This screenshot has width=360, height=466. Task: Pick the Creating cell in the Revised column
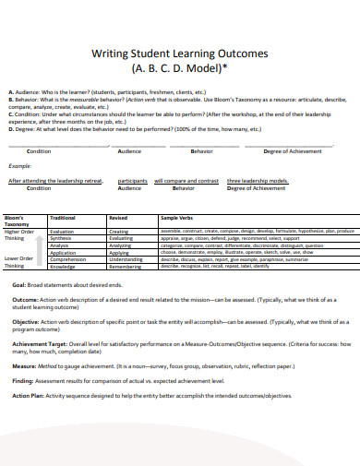[x=119, y=231]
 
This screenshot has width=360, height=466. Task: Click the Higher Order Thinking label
[x=20, y=235]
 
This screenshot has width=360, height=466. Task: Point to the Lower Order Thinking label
[x=20, y=261]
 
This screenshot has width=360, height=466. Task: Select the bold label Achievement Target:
[x=39, y=341]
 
